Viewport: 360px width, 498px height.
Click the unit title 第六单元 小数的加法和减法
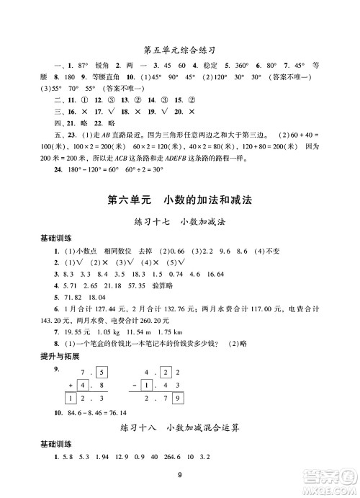(179, 200)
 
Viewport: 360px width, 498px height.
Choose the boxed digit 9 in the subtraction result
(178, 399)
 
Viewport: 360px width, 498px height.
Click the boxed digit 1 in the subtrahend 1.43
(149, 385)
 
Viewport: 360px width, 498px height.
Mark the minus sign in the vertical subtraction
(135, 385)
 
